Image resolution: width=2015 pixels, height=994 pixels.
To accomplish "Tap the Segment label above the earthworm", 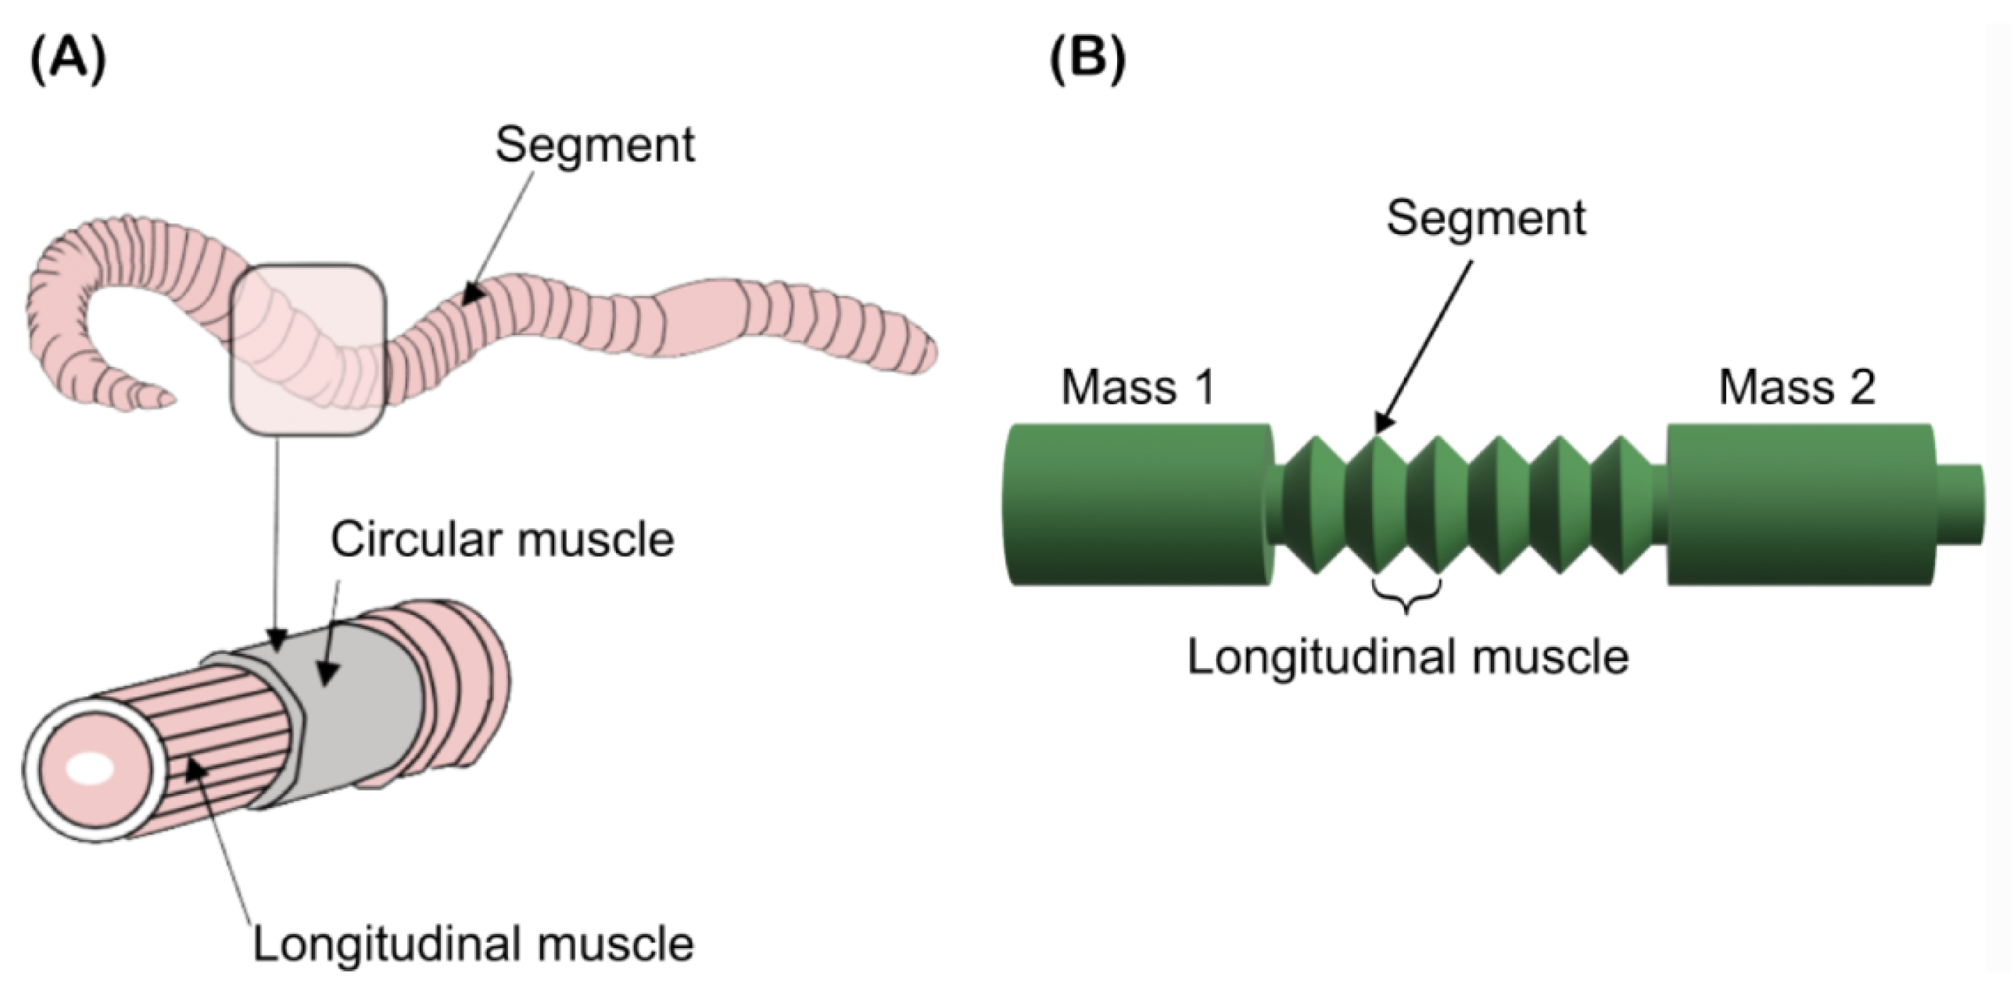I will click(x=594, y=145).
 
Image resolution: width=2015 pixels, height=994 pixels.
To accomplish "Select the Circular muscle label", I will click(x=502, y=539).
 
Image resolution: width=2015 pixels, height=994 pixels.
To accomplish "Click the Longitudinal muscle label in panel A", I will click(x=473, y=944).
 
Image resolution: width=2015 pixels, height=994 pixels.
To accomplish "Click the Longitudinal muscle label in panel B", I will click(x=1408, y=656).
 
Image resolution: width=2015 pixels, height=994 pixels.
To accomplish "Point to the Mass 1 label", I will click(x=1137, y=387).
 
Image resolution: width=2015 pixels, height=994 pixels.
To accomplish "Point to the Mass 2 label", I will click(x=1797, y=387).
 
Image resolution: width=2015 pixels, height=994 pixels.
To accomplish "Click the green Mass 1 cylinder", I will click(x=1137, y=505).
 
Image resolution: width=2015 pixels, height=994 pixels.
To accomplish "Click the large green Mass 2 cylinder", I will click(x=1799, y=505).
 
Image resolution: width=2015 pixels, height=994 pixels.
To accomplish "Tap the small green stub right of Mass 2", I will click(x=1960, y=505).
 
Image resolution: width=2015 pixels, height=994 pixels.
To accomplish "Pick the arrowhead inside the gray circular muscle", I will click(x=329, y=673).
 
